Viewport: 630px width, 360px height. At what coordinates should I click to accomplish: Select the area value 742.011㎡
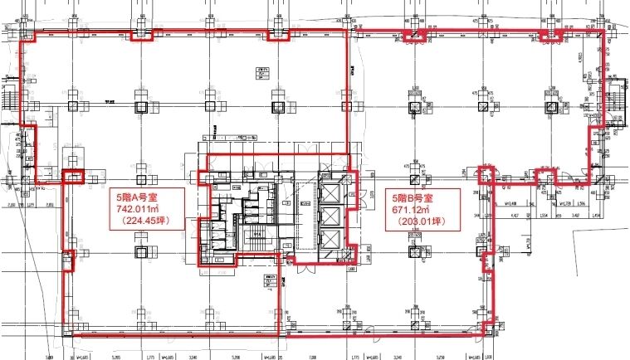click(x=144, y=210)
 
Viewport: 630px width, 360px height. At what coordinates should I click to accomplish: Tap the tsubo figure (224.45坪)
click(x=145, y=221)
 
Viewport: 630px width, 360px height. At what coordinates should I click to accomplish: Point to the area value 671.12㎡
click(x=418, y=210)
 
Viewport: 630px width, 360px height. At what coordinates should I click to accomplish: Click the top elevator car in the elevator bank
click(x=330, y=192)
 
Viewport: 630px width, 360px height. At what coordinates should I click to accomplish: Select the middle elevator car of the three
click(x=330, y=216)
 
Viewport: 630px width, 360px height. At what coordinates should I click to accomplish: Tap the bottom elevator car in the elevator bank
click(x=330, y=241)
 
